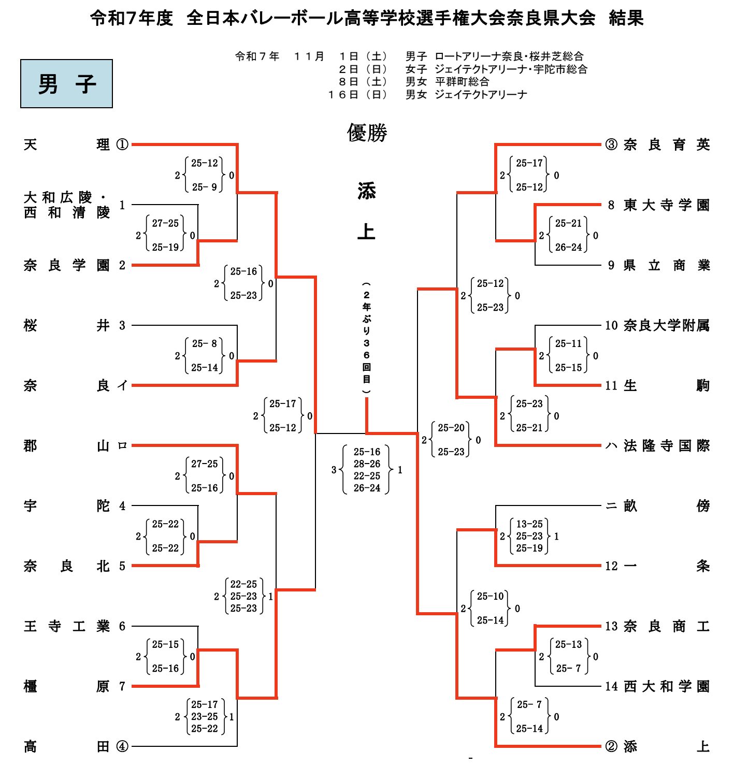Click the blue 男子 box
point(66,83)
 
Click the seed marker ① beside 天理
point(122,144)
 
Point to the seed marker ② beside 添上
point(611,746)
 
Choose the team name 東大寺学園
point(666,205)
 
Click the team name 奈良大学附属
point(666,325)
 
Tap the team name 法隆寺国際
point(666,445)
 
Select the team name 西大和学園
point(666,686)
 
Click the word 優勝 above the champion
point(367,133)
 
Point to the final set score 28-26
point(367,464)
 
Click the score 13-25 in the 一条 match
point(529,524)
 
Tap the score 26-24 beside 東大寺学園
point(568,247)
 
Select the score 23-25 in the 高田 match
point(205,716)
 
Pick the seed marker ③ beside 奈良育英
point(611,144)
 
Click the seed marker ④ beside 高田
point(122,746)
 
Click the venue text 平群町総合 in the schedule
point(462,81)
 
